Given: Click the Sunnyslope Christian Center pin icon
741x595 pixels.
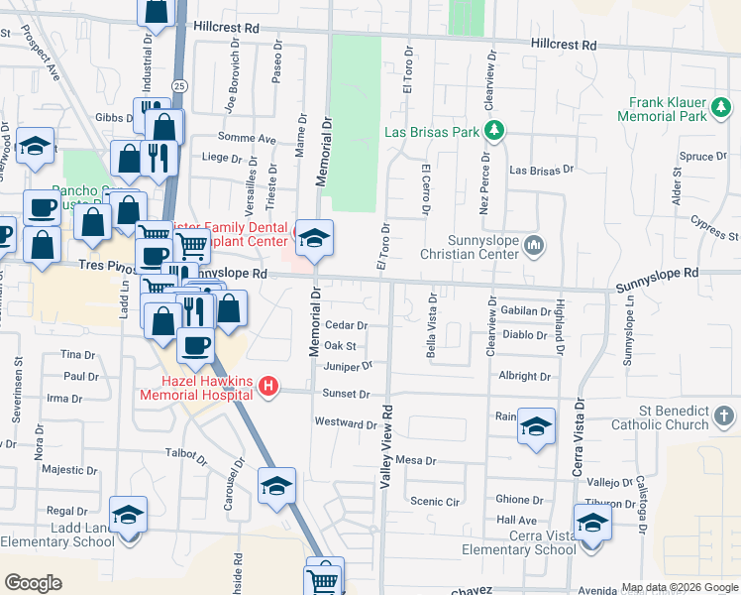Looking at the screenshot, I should click(534, 243).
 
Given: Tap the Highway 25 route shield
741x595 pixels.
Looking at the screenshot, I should click(178, 87).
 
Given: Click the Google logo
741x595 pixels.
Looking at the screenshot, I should click(34, 583).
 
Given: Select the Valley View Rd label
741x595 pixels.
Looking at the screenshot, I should click(386, 445).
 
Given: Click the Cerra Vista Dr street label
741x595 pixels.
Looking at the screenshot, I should click(576, 437).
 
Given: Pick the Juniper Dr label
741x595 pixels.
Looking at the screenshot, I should click(347, 366).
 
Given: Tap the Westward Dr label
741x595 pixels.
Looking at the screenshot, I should click(346, 423).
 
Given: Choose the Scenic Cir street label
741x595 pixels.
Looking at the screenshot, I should click(436, 502).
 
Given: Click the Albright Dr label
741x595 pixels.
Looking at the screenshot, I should click(525, 377).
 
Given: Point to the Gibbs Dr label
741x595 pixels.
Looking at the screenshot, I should click(108, 117).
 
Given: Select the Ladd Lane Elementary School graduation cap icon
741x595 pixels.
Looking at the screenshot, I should click(128, 515).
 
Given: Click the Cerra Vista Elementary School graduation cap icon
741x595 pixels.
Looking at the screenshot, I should click(592, 523).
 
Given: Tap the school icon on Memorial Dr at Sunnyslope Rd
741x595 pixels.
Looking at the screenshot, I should click(315, 238).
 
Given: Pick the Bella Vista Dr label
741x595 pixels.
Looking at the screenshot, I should click(431, 324).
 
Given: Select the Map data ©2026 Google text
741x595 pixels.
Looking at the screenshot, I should click(679, 587).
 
